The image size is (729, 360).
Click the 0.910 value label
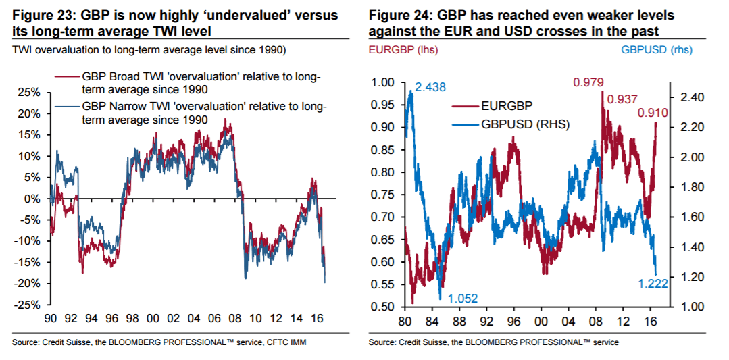tap(652, 113)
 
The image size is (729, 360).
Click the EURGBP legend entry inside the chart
tap(496, 106)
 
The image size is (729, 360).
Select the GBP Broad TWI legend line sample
tap(66, 77)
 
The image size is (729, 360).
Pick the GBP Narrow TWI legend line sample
tap(66, 107)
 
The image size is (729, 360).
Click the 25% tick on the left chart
tap(30, 93)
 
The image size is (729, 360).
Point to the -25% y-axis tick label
tap(28, 305)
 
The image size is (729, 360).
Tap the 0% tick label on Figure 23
tap(33, 199)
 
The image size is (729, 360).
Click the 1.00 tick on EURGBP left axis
tap(382, 82)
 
